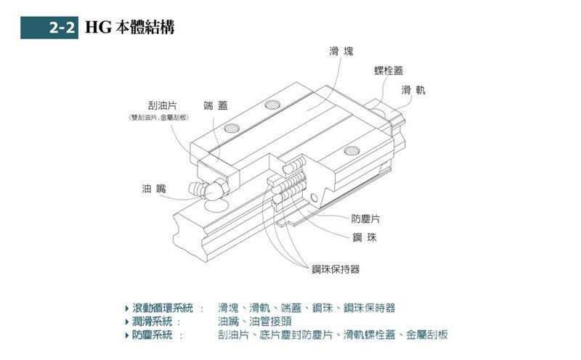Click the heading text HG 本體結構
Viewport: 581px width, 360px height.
click(129, 28)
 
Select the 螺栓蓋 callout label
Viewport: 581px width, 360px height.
click(388, 70)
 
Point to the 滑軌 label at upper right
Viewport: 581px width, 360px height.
click(413, 90)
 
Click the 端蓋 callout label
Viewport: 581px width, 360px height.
click(216, 106)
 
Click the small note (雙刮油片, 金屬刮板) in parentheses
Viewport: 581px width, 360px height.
click(158, 118)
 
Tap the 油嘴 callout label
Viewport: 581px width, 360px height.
click(153, 188)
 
